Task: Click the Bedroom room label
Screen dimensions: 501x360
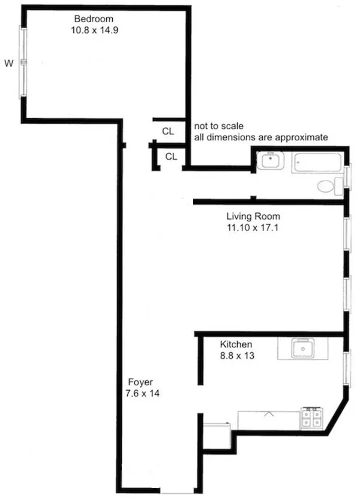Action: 93,18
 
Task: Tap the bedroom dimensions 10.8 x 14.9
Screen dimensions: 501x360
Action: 94,28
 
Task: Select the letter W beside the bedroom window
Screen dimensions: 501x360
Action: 8,62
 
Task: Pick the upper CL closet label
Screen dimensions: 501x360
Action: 169,131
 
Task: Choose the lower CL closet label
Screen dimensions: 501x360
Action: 172,157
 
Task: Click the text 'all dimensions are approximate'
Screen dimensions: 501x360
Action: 260,137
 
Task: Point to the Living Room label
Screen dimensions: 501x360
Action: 253,217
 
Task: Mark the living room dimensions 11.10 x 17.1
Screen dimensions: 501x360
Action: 253,227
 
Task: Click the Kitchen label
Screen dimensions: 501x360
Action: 236,345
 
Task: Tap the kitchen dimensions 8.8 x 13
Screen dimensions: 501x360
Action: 236,356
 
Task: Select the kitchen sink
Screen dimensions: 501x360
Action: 302,349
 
